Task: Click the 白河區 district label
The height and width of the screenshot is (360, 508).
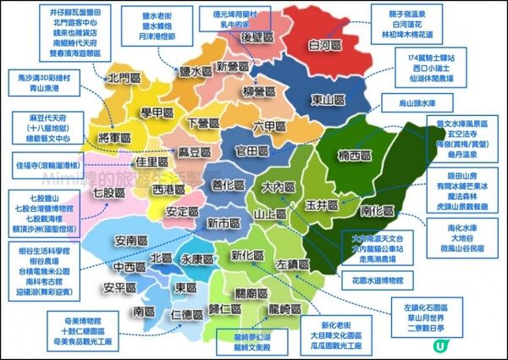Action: click(323, 47)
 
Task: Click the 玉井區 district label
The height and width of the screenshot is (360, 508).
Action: click(323, 205)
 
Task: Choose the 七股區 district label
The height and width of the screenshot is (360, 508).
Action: click(108, 193)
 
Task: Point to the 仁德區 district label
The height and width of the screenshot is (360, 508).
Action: click(187, 314)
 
